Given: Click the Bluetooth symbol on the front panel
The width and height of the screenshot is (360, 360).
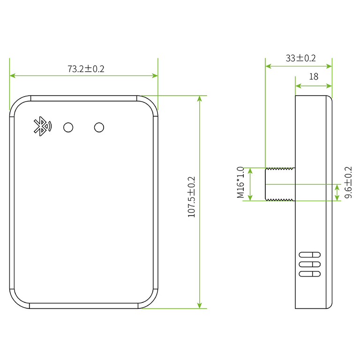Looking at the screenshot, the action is coord(43,127).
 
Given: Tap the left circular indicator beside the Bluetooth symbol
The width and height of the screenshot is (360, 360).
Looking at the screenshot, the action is coord(68,127).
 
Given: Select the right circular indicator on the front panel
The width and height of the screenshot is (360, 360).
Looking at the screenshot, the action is coord(99,127).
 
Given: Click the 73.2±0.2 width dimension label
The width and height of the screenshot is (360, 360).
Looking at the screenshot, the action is coord(86,68).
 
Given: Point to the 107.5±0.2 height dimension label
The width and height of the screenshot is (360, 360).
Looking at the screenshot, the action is coord(191,197).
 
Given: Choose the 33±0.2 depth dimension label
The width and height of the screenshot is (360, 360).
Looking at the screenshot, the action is coord(300,58).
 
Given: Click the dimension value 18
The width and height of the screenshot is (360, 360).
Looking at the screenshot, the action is coord(314,76).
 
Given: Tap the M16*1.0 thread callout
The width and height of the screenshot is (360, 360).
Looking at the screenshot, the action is coord(240,182).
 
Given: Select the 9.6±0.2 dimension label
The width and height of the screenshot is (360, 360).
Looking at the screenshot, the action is coord(348,182).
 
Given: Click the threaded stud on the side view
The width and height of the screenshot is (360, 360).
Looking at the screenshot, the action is coord(280,184).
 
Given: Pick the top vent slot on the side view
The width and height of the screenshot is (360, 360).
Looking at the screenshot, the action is coord(309,255).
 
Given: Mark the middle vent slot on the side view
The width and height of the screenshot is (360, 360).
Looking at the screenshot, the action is coord(309,264).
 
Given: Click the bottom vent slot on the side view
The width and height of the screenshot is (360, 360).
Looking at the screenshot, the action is coord(309,274).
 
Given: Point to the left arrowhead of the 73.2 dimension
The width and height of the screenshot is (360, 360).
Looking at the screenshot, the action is coord(12,75).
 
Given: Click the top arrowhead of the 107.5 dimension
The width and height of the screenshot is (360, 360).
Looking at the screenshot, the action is coord(200,98).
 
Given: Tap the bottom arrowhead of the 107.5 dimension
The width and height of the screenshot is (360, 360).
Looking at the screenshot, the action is coord(200,306).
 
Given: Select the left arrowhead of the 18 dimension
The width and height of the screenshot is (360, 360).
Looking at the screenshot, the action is coord(298,86).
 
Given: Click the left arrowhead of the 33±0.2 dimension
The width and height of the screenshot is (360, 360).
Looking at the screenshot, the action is coord(268,67).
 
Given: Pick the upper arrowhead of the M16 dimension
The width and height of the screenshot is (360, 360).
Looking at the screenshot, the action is coord(250,171).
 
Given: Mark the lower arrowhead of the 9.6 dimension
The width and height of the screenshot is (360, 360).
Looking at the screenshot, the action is coord(337,198).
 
